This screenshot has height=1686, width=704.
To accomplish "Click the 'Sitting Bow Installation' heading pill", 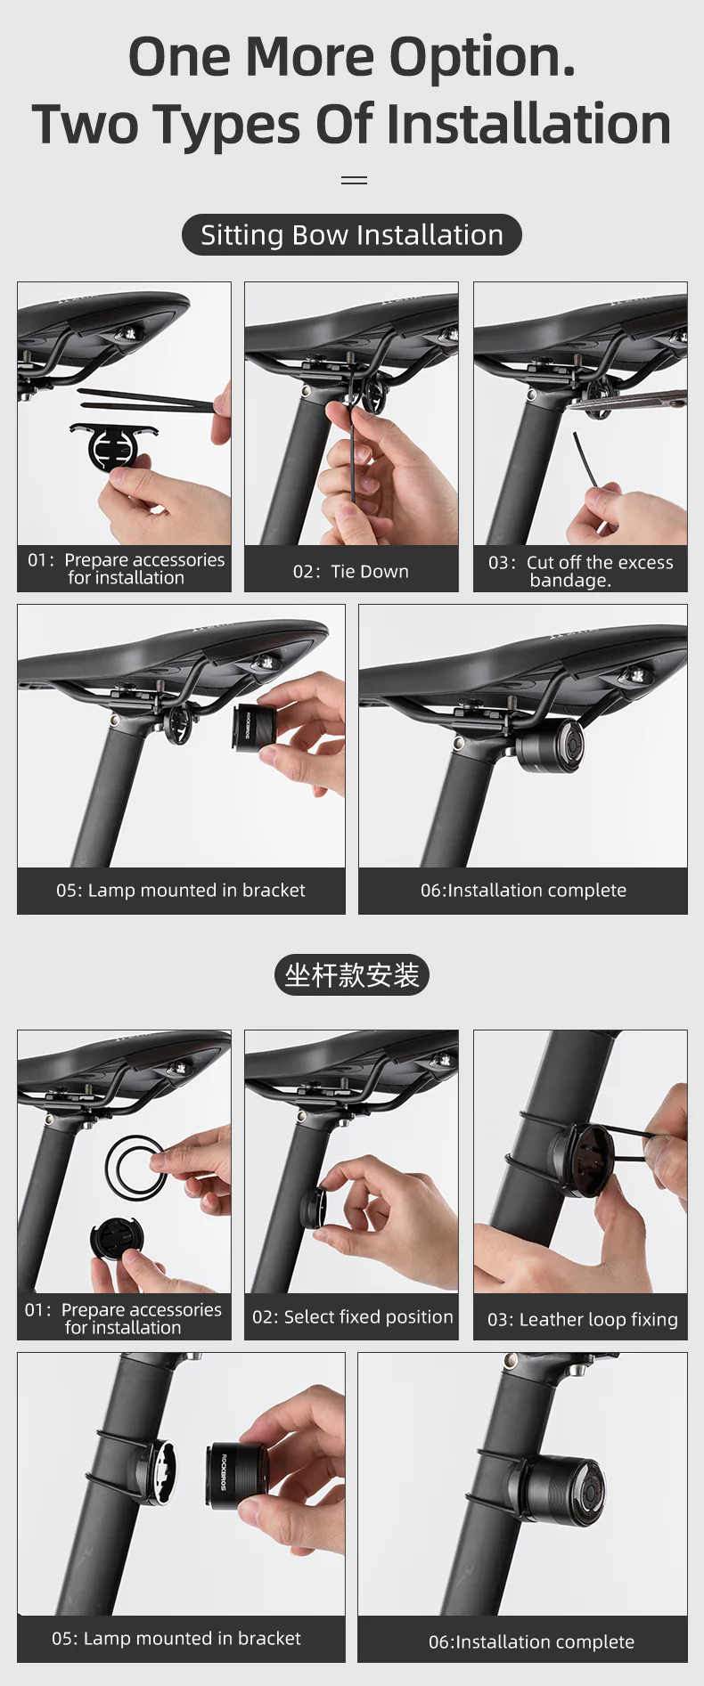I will coord(352,235).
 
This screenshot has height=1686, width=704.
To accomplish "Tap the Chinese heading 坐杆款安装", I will coord(352,975).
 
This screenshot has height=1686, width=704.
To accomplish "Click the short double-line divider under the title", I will coord(354,180).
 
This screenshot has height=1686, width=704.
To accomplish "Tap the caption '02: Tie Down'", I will coord(351,572).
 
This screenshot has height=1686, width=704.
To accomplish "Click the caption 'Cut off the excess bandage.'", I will coord(580,571).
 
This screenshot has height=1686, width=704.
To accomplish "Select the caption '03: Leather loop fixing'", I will coord(582,1319).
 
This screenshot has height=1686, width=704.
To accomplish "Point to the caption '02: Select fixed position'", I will coord(352,1316).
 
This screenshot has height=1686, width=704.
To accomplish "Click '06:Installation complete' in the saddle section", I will coord(523,890).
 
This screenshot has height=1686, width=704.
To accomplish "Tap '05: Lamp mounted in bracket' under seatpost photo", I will coord(176,1638).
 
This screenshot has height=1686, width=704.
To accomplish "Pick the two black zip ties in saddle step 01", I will coord(147,399).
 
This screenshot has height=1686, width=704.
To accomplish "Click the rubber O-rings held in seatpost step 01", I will coord(135,1167).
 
